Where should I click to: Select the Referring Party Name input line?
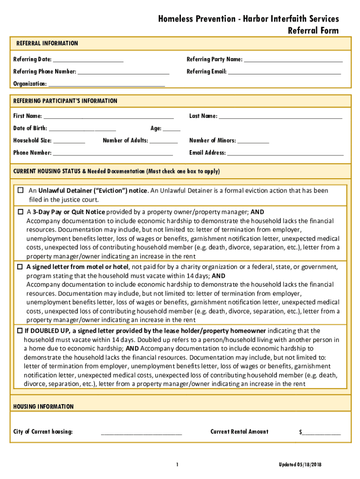[293, 60]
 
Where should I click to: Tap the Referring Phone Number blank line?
[123, 72]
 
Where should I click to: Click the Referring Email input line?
[284, 72]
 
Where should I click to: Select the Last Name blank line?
[281, 116]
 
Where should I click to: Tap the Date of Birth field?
[82, 129]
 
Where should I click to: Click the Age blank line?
[172, 129]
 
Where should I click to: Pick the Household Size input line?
[69, 141]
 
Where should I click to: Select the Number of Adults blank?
[164, 141]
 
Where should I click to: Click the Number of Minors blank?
[253, 141]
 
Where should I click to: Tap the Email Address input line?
[285, 153]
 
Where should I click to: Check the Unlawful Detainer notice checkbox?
[21, 190]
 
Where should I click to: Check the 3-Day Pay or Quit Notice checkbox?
[21, 212]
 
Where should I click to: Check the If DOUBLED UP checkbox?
[20, 331]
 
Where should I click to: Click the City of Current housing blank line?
[141, 432]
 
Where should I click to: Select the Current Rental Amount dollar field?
[322, 432]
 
